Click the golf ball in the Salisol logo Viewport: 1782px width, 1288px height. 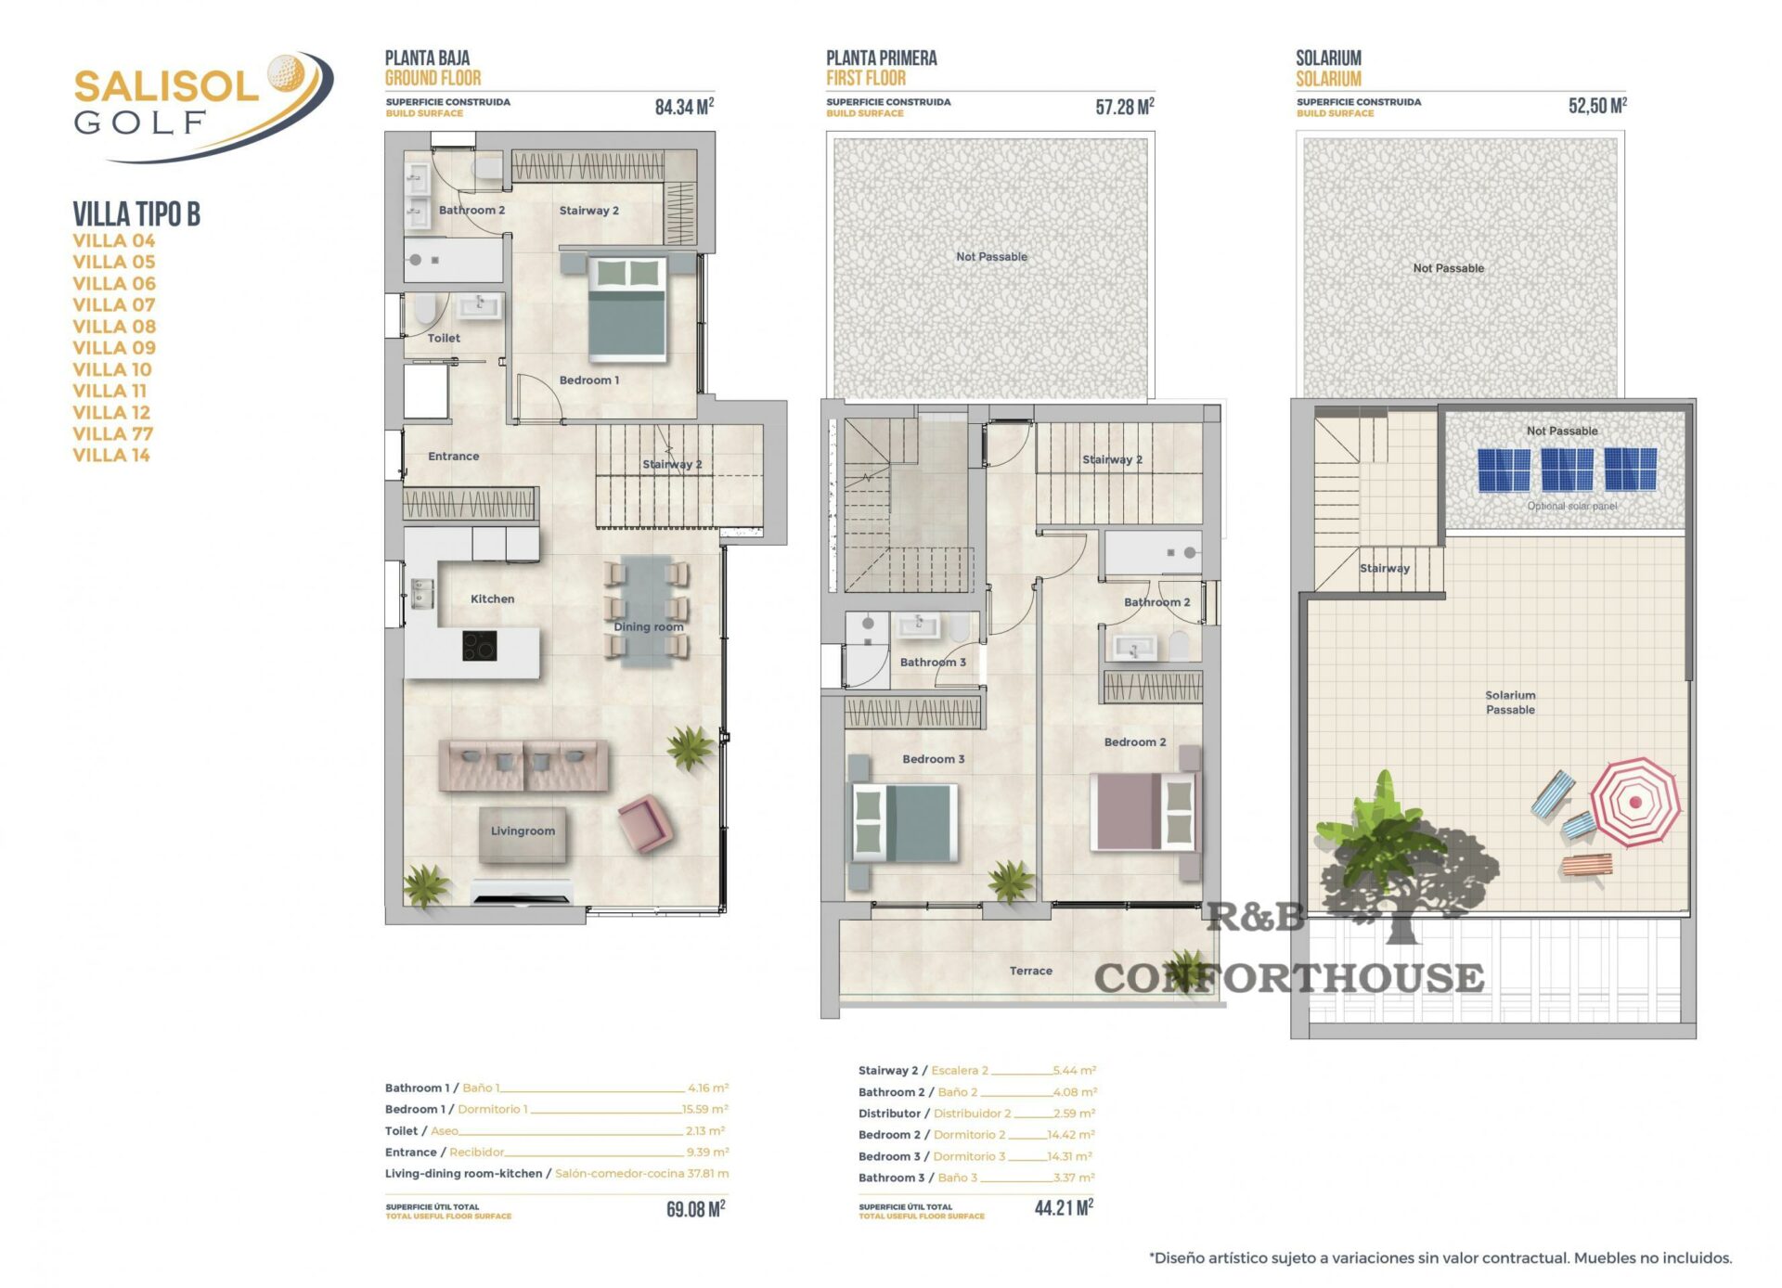[285, 72]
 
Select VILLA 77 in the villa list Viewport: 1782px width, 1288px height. [113, 433]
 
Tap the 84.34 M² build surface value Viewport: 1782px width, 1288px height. [684, 107]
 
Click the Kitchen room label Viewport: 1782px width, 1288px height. [492, 599]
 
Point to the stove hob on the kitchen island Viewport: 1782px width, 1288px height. [479, 646]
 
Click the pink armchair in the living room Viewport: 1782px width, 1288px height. [644, 823]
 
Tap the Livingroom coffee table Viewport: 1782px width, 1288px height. [523, 833]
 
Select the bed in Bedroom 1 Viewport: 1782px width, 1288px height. [627, 308]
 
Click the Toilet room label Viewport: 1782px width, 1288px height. [444, 338]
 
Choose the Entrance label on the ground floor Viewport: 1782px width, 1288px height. [454, 456]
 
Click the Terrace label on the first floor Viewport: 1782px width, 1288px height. [1031, 971]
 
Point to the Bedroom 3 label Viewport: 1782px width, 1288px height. [934, 759]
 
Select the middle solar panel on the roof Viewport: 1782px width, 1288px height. [1567, 469]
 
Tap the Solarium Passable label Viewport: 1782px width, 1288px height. [1510, 702]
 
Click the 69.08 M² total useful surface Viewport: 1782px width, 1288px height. [695, 1209]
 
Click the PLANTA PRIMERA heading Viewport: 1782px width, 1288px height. [882, 58]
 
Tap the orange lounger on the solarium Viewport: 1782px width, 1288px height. [1587, 866]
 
